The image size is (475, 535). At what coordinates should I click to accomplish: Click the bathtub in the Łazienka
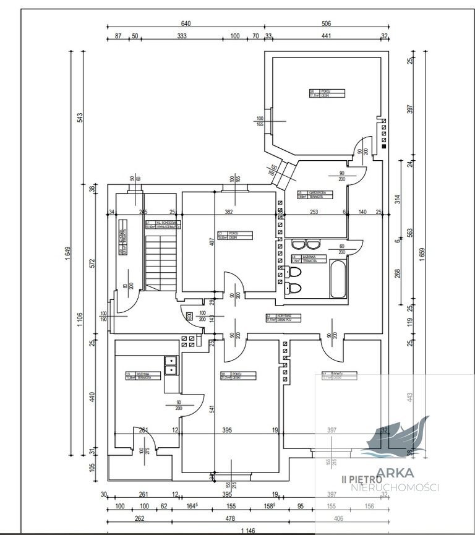pos(338,280)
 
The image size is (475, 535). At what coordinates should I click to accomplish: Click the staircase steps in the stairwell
pos(163,259)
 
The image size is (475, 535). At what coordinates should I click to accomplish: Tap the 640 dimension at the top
pos(186,24)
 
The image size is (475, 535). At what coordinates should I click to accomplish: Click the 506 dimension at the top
pos(326,24)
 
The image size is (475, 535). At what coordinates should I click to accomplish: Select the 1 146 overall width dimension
pos(248,529)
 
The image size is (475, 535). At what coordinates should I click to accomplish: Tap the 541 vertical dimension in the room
pos(211,409)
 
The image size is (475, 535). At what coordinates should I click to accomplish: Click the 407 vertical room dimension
pos(211,241)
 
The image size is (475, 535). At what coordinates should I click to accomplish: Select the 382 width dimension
pos(228,212)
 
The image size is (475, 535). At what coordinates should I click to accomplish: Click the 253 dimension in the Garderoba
pos(314,212)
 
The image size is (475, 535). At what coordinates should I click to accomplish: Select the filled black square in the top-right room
pos(384,147)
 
